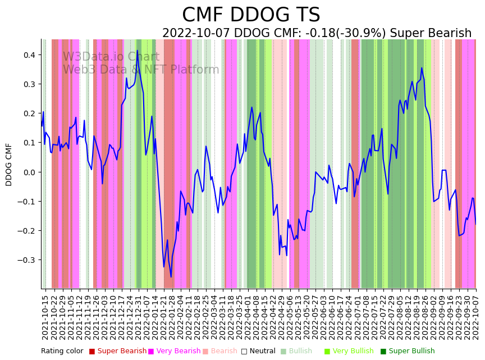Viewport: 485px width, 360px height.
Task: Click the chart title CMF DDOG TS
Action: [x=251, y=15]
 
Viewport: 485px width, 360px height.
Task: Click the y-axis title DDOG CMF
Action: [x=9, y=164]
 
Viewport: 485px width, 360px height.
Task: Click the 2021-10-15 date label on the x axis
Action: [x=45, y=315]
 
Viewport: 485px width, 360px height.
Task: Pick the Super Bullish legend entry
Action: [x=411, y=351]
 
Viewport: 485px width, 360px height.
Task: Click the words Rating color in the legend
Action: [x=62, y=351]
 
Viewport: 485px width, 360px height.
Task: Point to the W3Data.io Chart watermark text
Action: [x=111, y=57]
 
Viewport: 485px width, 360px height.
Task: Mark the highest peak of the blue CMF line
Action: [x=137, y=51]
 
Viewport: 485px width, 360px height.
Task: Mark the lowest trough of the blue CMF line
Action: [x=171, y=277]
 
